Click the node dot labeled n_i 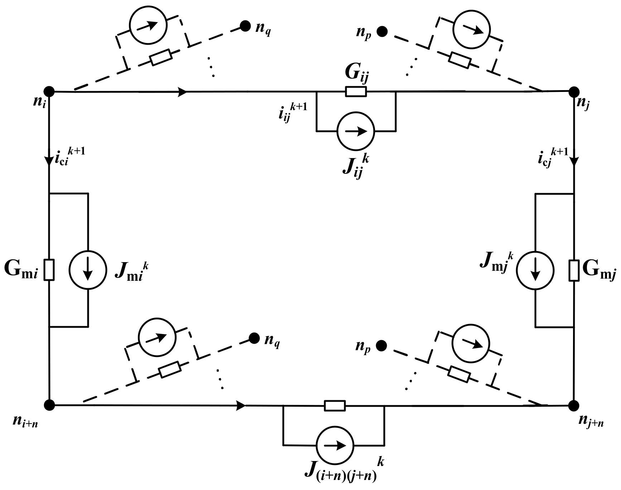pos(49,92)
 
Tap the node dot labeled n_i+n pos(49,405)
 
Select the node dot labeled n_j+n pos(574,406)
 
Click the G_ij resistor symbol pos(356,92)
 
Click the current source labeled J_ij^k pos(356,131)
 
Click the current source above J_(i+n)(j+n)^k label pos(335,445)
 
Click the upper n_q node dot pos(245,26)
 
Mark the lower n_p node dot pos(382,346)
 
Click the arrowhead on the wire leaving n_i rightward pos(183,92)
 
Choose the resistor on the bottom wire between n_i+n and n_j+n pos(335,406)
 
